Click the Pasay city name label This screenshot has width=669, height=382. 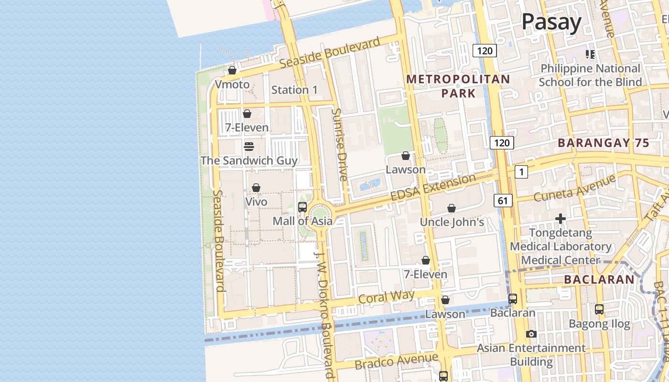[x=551, y=22]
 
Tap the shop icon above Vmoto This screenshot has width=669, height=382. [x=232, y=71]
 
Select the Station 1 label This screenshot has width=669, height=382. [x=294, y=90]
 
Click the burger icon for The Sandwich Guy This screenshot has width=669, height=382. [x=248, y=146]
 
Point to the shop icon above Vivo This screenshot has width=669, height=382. [x=256, y=188]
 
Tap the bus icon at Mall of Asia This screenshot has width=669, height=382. [x=302, y=207]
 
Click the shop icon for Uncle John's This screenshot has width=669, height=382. [x=452, y=208]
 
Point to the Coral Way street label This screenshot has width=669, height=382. [x=386, y=297]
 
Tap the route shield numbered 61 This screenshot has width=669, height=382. [x=503, y=201]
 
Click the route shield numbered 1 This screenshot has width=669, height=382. [x=521, y=172]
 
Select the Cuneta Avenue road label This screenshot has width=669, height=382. [x=574, y=189]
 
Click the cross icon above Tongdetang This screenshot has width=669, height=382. [x=561, y=219]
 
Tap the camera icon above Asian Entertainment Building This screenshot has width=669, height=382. [x=531, y=334]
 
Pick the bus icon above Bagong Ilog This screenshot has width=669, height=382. [x=599, y=309]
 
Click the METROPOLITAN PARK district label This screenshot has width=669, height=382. [x=458, y=86]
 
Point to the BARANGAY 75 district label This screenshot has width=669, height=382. [x=604, y=143]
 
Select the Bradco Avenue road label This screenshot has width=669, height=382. [x=396, y=361]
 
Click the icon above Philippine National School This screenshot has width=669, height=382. [x=590, y=54]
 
